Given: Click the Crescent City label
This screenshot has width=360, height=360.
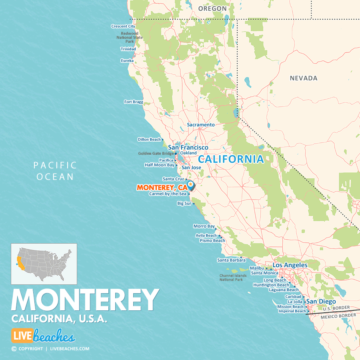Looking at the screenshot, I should pos(123,26).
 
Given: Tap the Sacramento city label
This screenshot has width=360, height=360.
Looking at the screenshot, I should pos(201,124).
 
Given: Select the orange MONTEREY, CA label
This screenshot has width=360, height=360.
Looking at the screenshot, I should pos(162,187).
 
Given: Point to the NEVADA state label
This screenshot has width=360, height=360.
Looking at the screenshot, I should pos(304,78).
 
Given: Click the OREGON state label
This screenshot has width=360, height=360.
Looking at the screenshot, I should pos(212,8).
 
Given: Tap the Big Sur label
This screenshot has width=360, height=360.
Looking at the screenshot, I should pos(184,204).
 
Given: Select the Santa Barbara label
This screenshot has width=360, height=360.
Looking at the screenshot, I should pos(231,260).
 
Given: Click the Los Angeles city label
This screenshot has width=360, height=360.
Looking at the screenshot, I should pos(290,265).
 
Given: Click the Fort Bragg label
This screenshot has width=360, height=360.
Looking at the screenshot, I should pos(134,102).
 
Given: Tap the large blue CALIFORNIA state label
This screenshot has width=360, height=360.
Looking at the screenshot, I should pos(231,159).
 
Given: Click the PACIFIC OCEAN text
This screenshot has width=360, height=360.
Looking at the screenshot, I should pos(55,171).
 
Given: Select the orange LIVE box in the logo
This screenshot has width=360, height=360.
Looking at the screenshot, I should pos(22,336).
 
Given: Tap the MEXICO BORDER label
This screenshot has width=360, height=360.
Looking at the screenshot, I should pos(338,316).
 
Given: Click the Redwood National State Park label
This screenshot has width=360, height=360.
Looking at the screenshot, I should pos(130,38).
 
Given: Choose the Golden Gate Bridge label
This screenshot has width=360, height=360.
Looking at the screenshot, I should pos(156,153).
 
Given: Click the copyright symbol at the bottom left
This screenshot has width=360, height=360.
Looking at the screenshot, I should pos(14,349).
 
